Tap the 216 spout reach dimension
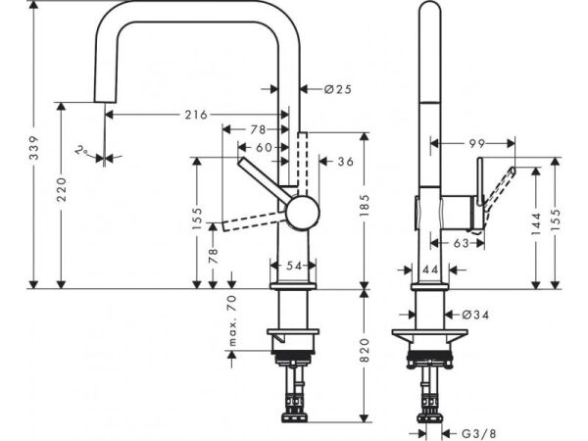[195, 115]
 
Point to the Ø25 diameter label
[337, 89]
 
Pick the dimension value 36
[346, 163]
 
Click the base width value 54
[294, 265]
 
